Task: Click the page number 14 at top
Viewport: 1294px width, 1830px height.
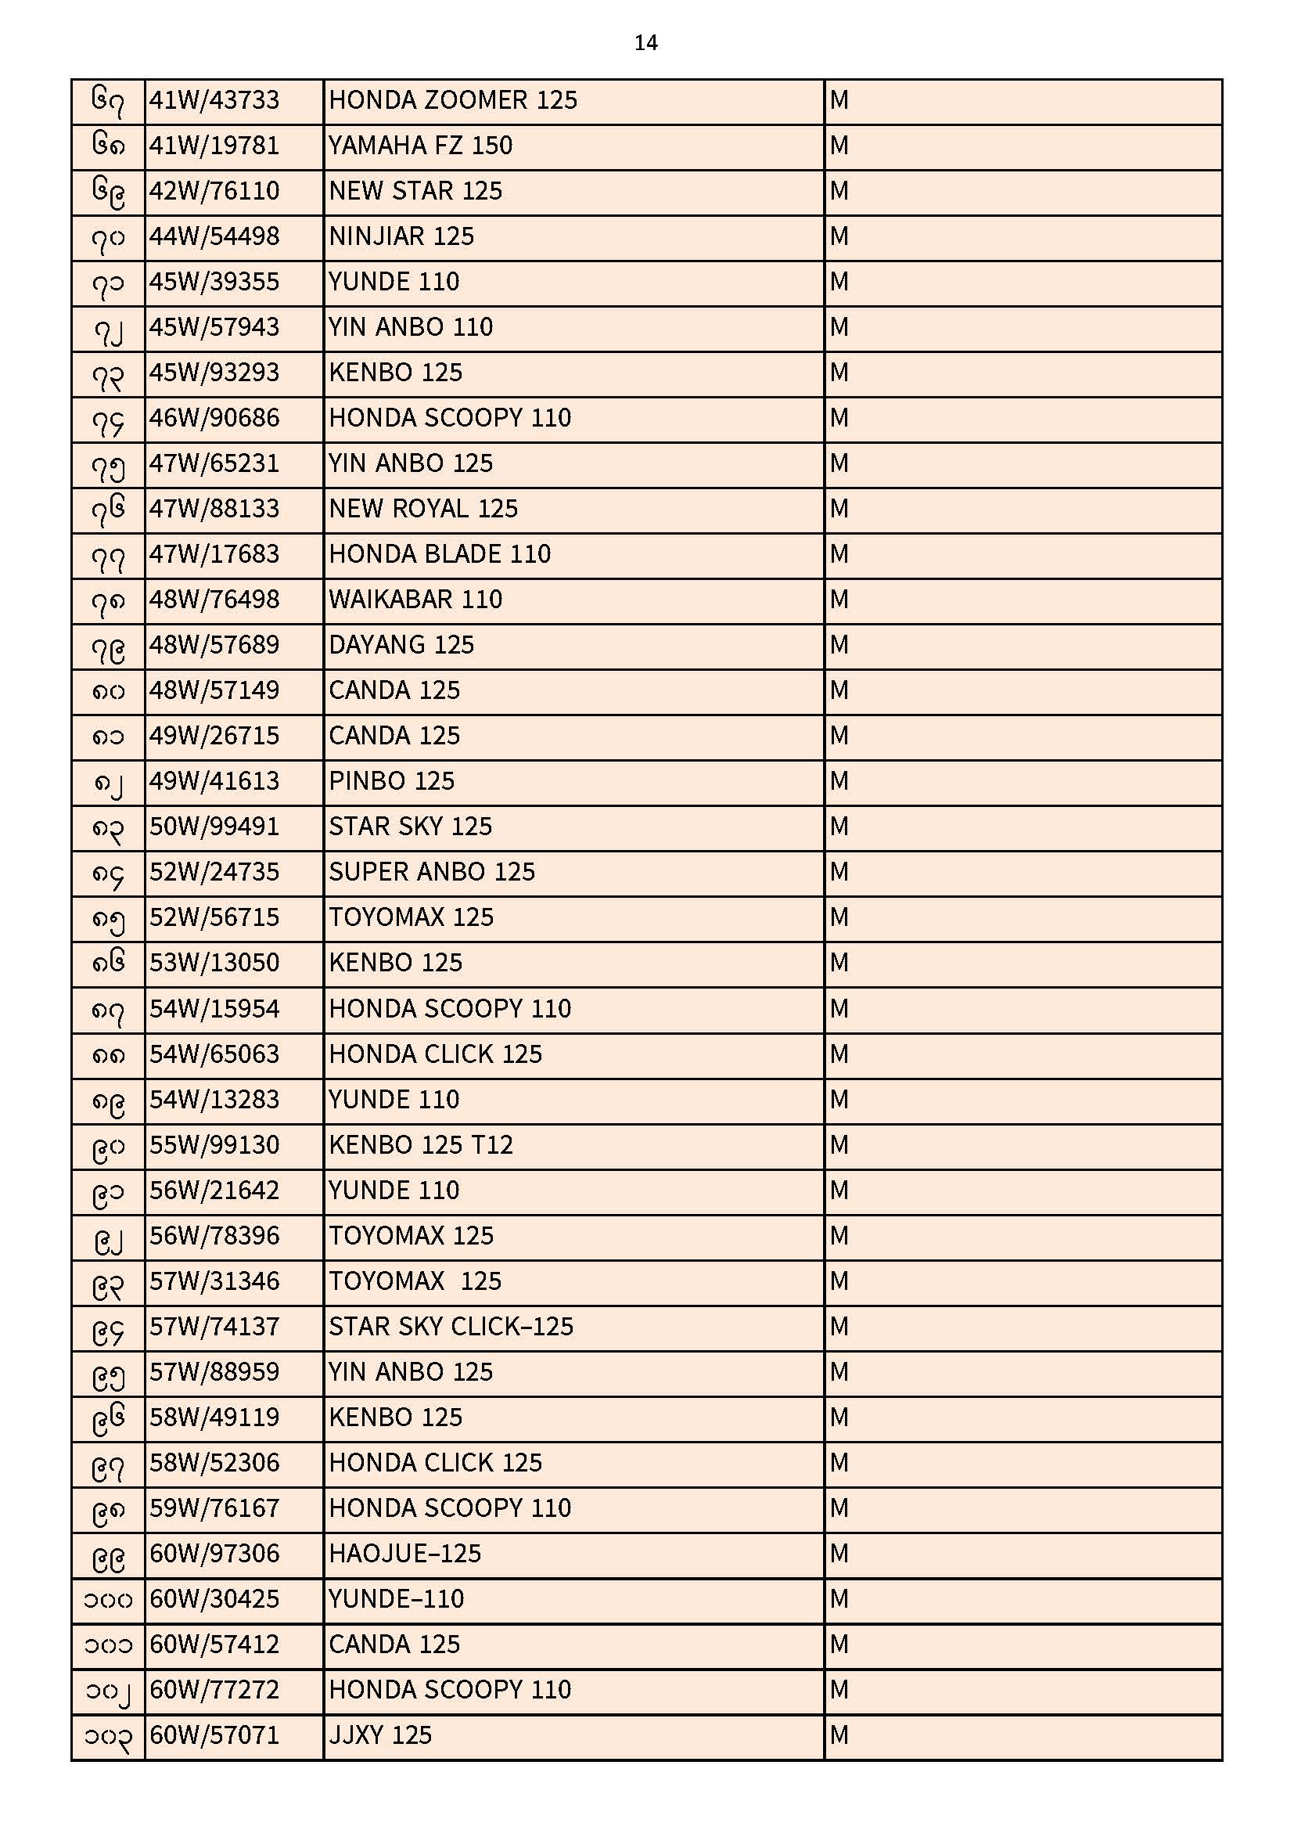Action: pos(645,43)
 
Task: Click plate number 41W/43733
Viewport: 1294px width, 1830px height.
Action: pos(214,100)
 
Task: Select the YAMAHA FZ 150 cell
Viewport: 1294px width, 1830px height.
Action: pos(421,146)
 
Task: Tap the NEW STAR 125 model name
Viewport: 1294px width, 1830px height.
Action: pos(415,191)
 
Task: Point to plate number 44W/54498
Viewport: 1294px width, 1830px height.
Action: pos(214,236)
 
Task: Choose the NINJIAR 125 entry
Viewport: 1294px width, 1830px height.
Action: pos(401,236)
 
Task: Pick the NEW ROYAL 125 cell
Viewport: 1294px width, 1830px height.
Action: pos(423,509)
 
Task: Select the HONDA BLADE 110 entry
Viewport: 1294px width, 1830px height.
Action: pos(440,554)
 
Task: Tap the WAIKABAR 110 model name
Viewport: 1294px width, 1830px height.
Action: pos(415,600)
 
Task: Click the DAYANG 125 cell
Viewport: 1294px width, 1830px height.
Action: pos(401,645)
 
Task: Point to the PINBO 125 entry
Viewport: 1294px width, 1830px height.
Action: pos(391,781)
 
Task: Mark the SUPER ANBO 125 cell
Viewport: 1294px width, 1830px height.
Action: pos(432,872)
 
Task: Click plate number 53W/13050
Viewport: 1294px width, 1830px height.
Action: pos(214,963)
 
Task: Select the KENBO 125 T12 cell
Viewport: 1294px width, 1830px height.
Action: pos(421,1145)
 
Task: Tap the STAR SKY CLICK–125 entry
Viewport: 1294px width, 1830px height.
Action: pos(451,1327)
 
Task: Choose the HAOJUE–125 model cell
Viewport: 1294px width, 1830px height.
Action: pos(404,1554)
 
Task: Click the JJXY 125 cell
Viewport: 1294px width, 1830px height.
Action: pos(380,1735)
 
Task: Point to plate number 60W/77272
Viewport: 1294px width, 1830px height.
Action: pos(214,1690)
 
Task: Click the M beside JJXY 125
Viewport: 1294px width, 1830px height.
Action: pos(839,1735)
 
